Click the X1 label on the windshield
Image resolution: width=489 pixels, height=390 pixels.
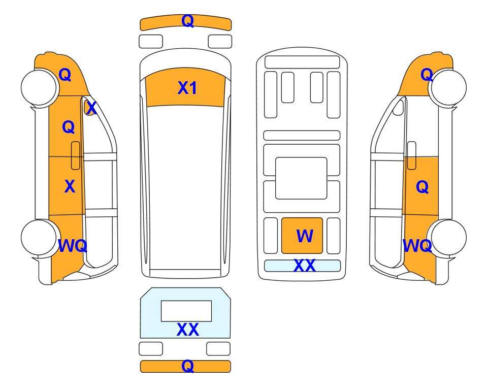[x=187, y=88]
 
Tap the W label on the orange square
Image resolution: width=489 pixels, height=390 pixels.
[x=305, y=236]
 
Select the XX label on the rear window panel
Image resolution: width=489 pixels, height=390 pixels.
[x=188, y=330]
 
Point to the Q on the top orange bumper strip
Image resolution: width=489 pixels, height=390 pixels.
[x=188, y=21]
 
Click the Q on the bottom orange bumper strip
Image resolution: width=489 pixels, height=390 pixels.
[x=188, y=366]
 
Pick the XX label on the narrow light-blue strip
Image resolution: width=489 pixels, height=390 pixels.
[x=305, y=266]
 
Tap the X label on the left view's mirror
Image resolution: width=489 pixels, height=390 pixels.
[x=91, y=108]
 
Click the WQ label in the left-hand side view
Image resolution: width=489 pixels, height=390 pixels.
[x=73, y=246]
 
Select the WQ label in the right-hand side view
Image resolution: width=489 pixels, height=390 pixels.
[x=417, y=246]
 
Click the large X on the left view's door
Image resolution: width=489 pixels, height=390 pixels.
[x=70, y=186]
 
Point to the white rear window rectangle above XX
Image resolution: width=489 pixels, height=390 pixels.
[x=186, y=311]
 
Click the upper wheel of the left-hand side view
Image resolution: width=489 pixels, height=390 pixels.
[x=40, y=87]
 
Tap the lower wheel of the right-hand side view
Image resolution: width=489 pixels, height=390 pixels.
[x=447, y=238]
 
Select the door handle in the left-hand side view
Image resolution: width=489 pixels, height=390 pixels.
[x=76, y=155]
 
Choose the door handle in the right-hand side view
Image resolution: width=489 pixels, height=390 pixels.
[x=412, y=155]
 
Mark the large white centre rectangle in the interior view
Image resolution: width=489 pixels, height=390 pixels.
[x=301, y=178]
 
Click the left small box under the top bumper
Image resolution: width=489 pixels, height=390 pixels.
[x=151, y=42]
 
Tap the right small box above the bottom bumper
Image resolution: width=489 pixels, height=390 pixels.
[x=218, y=349]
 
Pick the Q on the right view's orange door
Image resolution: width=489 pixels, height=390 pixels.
[x=422, y=187]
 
